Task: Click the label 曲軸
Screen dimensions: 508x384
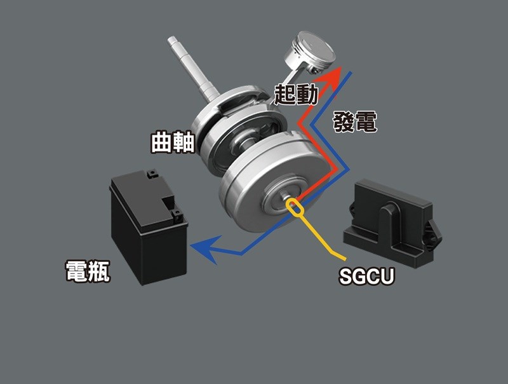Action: pos(173,142)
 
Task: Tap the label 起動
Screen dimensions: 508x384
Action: pos(296,94)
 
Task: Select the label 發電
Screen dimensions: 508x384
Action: pos(355,121)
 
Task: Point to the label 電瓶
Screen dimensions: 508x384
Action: pos(88,271)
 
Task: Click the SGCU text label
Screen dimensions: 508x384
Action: pos(366,276)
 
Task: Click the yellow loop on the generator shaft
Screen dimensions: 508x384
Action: pos(295,207)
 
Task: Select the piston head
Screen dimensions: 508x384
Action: pos(309,50)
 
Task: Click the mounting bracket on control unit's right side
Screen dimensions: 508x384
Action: pos(435,234)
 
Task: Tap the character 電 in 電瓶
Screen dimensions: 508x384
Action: pos(76,271)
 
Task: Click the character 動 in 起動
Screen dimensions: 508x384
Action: pos(307,94)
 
